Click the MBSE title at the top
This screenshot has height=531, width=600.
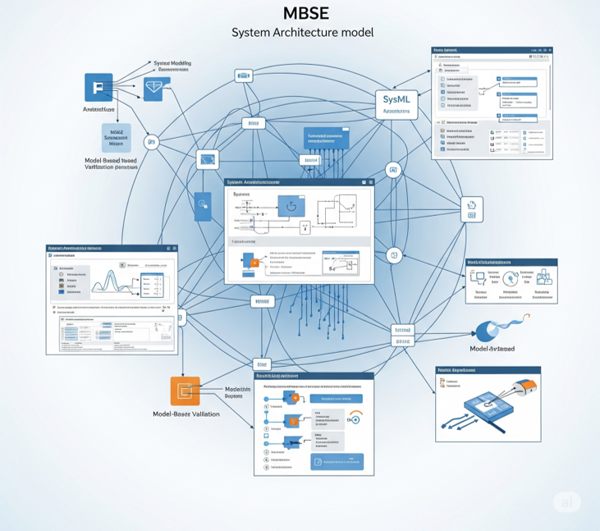coord(300,13)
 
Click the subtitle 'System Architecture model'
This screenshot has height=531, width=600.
coord(302,33)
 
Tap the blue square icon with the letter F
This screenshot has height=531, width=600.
coord(98,87)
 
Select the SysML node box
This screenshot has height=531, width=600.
coord(396,103)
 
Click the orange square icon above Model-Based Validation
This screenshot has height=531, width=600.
coord(185,391)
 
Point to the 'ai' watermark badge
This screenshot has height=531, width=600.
coord(566,504)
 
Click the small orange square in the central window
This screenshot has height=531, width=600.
coord(254,263)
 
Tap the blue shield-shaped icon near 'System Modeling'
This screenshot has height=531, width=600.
coord(153,89)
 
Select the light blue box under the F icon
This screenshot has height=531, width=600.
coord(116,137)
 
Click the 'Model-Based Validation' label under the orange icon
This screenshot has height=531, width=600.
coord(186,414)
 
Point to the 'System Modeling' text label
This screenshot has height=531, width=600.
coord(174,63)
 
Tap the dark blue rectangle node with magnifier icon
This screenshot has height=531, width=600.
coord(202,205)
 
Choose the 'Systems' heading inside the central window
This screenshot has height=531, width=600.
coord(240,195)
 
